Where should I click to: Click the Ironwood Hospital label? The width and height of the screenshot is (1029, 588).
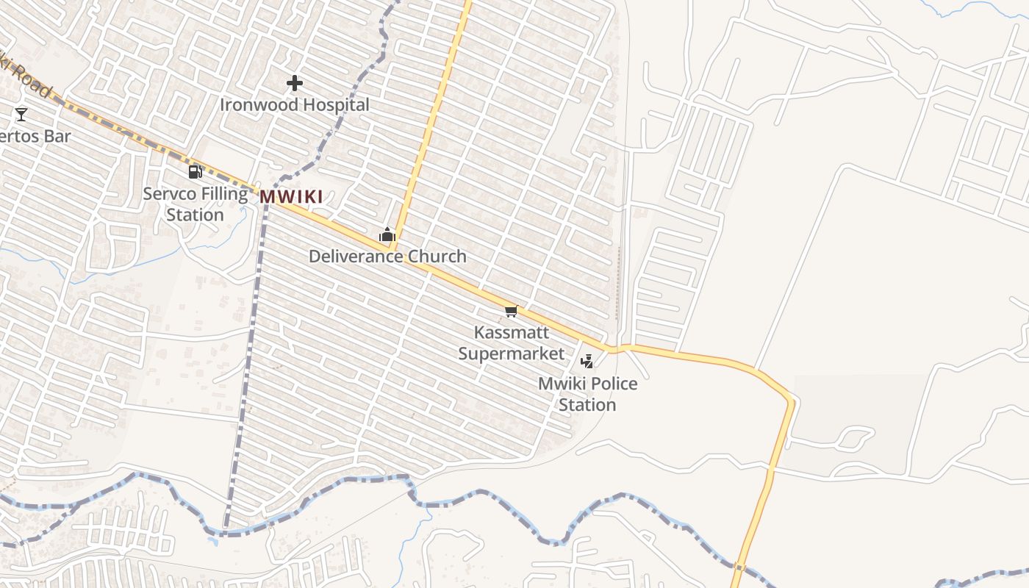coord(294,105)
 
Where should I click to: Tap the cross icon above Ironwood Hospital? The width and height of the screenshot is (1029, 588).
coord(295,83)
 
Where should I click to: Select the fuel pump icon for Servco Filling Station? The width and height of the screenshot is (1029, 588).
coord(195,172)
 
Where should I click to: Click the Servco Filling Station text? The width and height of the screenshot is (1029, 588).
coord(195,204)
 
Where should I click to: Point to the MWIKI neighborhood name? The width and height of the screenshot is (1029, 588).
coord(291,197)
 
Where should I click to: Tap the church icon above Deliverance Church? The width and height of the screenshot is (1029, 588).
coord(387,235)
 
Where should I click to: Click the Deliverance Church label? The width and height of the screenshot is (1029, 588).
coord(387,257)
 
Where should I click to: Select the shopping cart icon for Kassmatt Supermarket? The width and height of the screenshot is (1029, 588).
coord(512,312)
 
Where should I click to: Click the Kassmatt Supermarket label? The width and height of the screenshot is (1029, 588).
coord(512,343)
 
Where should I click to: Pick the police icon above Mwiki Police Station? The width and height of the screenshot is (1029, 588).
coord(587,361)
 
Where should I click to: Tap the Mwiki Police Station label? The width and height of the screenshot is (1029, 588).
coord(587,394)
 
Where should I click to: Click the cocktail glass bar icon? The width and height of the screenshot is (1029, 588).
coord(21,114)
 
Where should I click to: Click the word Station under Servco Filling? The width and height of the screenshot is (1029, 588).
coord(195,215)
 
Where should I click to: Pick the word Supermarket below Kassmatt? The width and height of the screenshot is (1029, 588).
coord(512,354)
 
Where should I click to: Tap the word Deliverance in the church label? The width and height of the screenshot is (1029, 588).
coord(356,257)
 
